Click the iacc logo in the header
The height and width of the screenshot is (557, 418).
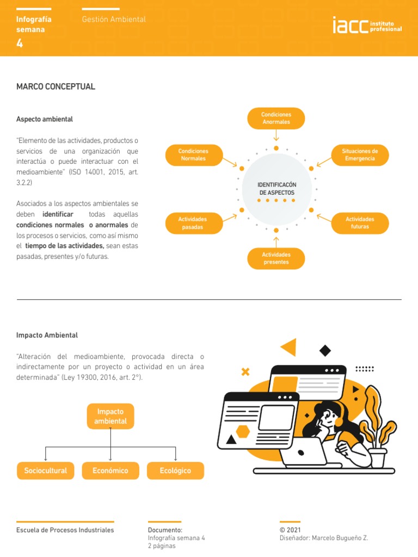pyautogui.click(x=367, y=26)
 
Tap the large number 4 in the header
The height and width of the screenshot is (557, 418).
pyautogui.click(x=20, y=44)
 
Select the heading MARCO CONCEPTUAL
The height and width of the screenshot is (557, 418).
pyautogui.click(x=56, y=86)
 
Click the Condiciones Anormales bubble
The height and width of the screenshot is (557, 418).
pyautogui.click(x=276, y=119)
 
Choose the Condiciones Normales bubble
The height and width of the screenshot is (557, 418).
pyautogui.click(x=193, y=155)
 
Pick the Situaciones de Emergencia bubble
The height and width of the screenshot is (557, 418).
pyautogui.click(x=360, y=155)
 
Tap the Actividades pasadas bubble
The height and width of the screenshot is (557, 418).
pyautogui.click(x=193, y=223)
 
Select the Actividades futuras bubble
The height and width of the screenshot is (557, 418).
pyautogui.click(x=360, y=223)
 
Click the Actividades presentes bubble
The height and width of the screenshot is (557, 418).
pyautogui.click(x=276, y=258)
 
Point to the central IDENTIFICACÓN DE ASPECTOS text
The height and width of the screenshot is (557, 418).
pyautogui.click(x=276, y=189)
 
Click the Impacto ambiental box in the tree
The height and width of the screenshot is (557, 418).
pyautogui.click(x=110, y=417)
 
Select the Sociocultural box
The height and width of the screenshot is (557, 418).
pyautogui.click(x=46, y=471)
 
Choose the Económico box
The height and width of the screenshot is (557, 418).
pyautogui.click(x=110, y=471)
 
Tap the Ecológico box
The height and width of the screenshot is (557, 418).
pyautogui.click(x=175, y=471)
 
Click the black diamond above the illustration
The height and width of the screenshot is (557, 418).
pyautogui.click(x=325, y=350)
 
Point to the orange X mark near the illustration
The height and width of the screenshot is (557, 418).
pyautogui.click(x=245, y=372)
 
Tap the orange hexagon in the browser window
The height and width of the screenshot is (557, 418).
pyautogui.click(x=243, y=432)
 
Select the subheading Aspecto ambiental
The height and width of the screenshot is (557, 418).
pyautogui.click(x=45, y=119)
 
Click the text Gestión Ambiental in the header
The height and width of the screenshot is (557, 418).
pyautogui.click(x=114, y=19)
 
